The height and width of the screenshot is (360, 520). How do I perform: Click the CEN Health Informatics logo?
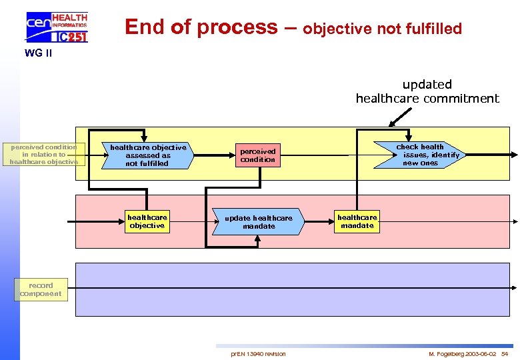(56, 27)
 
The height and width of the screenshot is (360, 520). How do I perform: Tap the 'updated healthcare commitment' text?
(427, 91)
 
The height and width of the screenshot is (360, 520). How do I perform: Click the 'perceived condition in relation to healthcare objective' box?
(44, 154)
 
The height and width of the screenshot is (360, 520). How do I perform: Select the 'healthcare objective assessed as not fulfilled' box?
(147, 155)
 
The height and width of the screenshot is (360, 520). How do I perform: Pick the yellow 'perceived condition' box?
(257, 155)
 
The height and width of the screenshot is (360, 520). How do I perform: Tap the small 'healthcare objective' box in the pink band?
(147, 221)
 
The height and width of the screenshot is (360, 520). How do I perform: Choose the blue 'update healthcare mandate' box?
(258, 222)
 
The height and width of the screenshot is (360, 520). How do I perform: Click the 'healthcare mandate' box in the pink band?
(357, 221)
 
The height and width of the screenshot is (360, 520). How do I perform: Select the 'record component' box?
(41, 290)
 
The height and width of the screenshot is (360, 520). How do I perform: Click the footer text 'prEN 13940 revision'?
(258, 353)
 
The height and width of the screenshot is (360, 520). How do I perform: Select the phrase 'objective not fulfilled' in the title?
(382, 29)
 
